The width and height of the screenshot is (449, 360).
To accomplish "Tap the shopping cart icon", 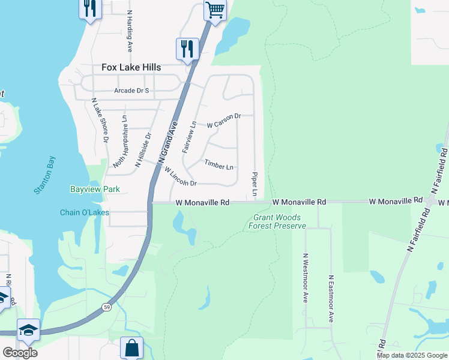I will pos(215,10).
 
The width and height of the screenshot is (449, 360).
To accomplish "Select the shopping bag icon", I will pos(131,347).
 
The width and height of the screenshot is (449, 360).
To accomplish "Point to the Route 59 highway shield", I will pos(106,307).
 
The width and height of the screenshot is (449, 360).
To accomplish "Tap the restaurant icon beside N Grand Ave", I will pos(187,48).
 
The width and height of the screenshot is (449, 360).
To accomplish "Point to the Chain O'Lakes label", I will pos(85,212).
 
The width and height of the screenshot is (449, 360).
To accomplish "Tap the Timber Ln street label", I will pos(218,165).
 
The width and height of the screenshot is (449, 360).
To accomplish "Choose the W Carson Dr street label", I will pos(223,121).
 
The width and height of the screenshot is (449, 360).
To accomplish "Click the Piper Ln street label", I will pos(255,184).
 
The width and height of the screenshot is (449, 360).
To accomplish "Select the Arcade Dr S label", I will pos(131,91).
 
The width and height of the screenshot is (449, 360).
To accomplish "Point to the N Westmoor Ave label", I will pos(305,277).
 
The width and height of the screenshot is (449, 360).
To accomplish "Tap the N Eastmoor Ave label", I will pos(330,299).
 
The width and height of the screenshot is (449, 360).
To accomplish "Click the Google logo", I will pos(20,352).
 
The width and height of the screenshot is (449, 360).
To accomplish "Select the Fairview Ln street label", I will pos(189,137).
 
